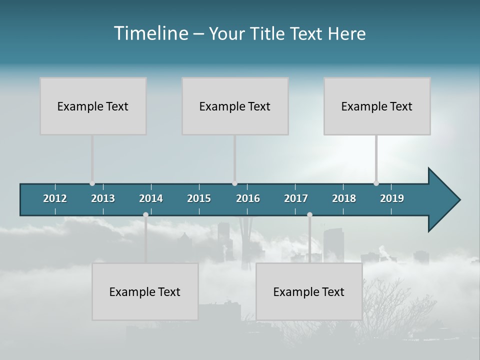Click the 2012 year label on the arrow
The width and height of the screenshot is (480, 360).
(x=55, y=198)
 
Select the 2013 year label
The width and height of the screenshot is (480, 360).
(x=103, y=198)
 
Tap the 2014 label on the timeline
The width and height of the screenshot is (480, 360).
(x=151, y=198)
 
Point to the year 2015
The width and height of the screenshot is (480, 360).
(x=199, y=198)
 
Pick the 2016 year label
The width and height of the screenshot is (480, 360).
(x=248, y=198)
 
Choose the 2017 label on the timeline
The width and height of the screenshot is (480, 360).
(x=296, y=198)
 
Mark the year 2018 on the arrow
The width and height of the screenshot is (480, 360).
(x=344, y=198)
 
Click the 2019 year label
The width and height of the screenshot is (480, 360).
(x=392, y=198)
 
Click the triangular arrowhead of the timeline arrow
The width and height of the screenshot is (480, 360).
(x=442, y=200)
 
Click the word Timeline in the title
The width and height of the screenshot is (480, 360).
(x=150, y=33)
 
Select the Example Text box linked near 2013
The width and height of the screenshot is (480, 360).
(x=93, y=106)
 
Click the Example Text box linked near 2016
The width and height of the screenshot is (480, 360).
(x=235, y=106)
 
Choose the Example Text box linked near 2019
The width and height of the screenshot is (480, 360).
(x=377, y=106)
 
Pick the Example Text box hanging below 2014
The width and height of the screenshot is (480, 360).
(x=145, y=291)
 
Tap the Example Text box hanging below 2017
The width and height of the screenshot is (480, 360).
(x=309, y=291)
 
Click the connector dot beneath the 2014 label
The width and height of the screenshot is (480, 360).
(x=145, y=214)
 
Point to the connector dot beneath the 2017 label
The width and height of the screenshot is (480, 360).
(x=309, y=214)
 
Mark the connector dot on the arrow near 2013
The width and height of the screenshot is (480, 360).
(x=92, y=183)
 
